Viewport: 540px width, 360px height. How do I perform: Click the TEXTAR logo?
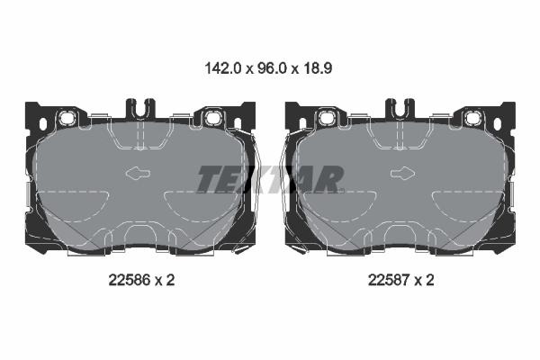point(270,179)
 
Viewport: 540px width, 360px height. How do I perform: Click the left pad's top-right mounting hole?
point(213,118)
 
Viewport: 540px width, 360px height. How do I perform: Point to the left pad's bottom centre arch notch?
point(139,236)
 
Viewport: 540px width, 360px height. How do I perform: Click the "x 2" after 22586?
point(163,280)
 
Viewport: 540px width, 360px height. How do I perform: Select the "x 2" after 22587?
point(425,280)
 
